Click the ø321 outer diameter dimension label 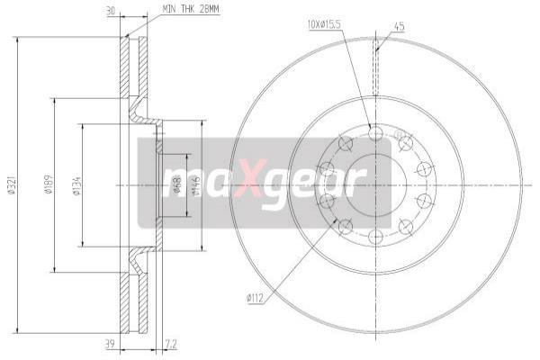point(12,184)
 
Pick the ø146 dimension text point(196,185)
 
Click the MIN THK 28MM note point(190,8)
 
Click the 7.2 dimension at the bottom point(173,344)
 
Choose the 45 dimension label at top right point(399,26)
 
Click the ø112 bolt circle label point(255,297)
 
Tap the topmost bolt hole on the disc point(376,133)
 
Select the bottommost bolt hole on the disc point(376,237)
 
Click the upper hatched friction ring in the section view point(132,67)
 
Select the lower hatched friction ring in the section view point(132,301)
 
